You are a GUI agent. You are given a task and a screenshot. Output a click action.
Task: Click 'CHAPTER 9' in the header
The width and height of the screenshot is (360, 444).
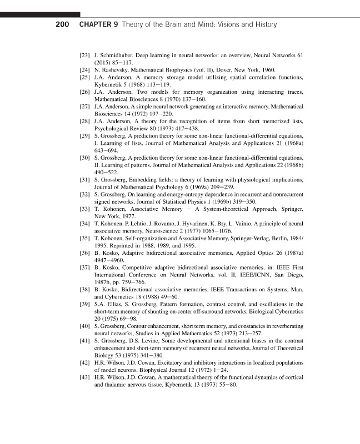pos(98,25)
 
